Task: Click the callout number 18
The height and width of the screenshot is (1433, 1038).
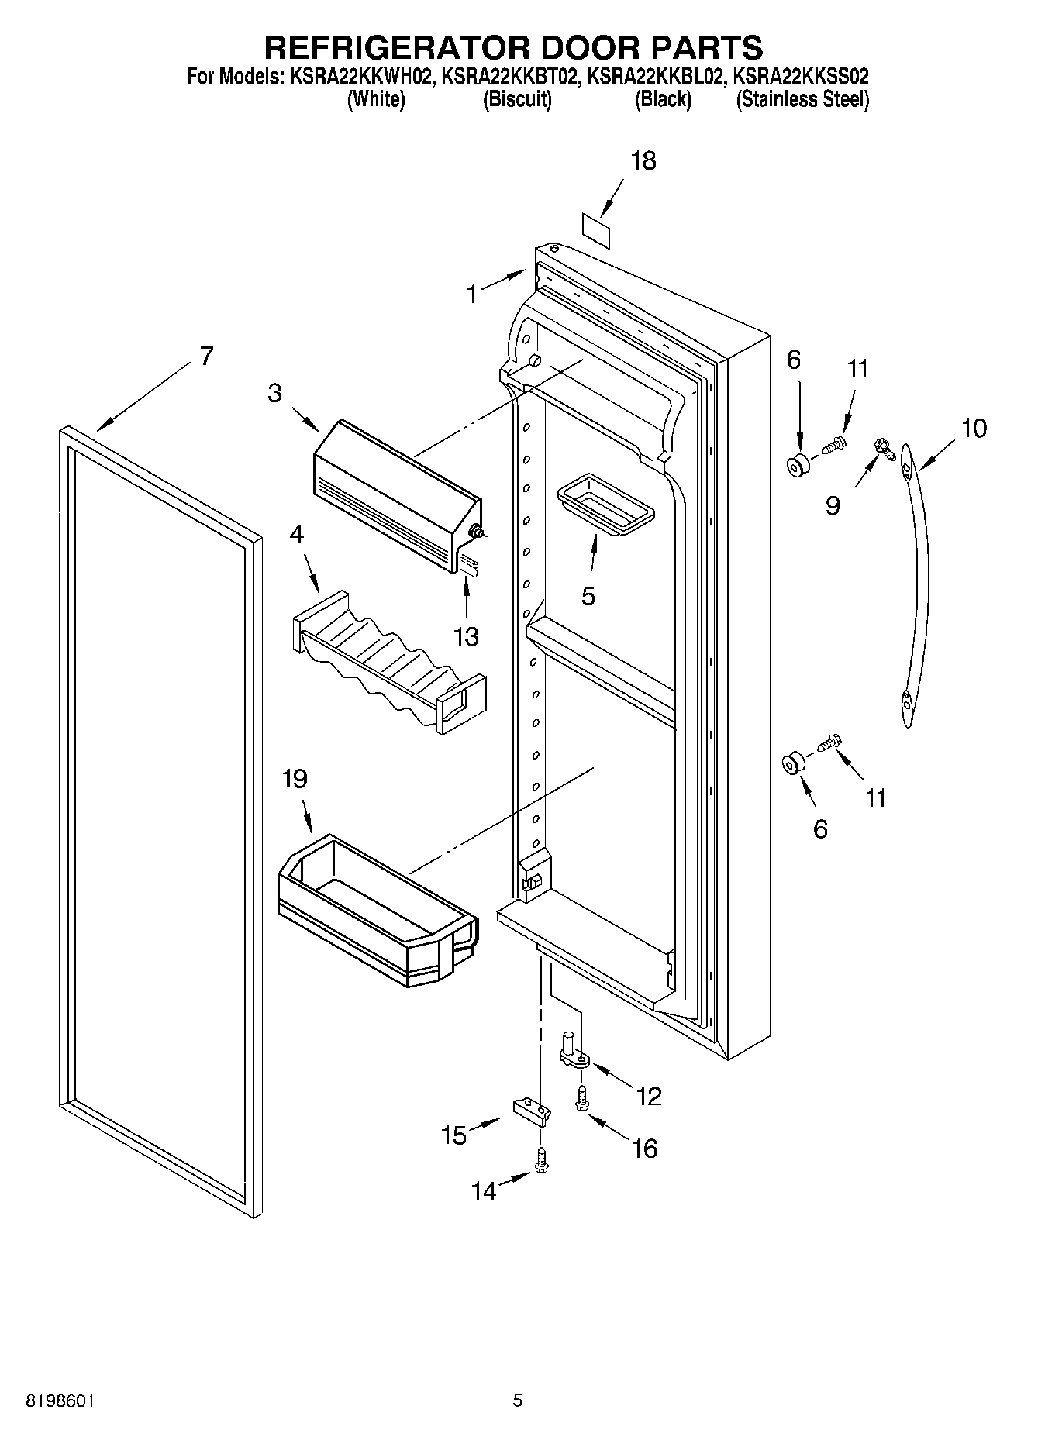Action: pyautogui.click(x=643, y=161)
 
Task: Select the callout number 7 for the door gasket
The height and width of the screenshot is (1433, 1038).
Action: pyautogui.click(x=205, y=357)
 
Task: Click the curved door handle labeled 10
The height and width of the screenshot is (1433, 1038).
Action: pyautogui.click(x=916, y=589)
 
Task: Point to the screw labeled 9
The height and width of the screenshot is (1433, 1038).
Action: pyautogui.click(x=881, y=446)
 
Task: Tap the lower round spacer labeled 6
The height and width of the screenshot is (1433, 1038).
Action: pyautogui.click(x=791, y=764)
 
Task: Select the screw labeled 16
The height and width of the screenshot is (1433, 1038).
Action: pyautogui.click(x=581, y=1098)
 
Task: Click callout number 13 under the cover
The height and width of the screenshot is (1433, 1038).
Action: pyautogui.click(x=466, y=637)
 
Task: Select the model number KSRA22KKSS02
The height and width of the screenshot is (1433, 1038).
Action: pyautogui.click(x=801, y=77)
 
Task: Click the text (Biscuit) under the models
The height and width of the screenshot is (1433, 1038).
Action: pyautogui.click(x=517, y=99)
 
